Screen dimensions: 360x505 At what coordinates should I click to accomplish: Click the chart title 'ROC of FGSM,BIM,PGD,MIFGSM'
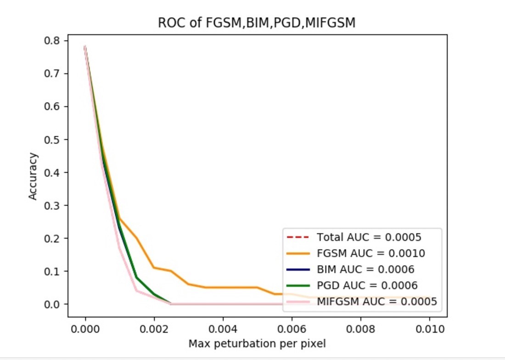[257, 22]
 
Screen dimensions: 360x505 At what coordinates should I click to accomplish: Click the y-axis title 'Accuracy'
[33, 176]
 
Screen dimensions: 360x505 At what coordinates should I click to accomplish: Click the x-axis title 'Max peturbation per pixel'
[257, 343]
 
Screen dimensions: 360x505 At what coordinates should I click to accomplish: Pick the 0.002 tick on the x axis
[154, 329]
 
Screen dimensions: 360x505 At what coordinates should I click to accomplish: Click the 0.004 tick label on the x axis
[223, 329]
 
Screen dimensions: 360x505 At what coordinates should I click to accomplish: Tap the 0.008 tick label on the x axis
[360, 329]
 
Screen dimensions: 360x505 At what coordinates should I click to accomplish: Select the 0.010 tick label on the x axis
[429, 329]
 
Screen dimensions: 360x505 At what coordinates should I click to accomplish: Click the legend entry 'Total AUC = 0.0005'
[369, 237]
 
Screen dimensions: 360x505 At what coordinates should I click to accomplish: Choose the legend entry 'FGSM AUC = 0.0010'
[370, 253]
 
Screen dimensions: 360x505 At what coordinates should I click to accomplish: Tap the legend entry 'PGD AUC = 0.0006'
[367, 285]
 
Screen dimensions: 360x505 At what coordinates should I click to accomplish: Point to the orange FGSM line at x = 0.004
[223, 287]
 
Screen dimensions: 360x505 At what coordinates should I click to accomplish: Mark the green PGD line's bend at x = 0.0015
[137, 277]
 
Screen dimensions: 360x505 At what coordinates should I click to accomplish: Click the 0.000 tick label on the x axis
[85, 329]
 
